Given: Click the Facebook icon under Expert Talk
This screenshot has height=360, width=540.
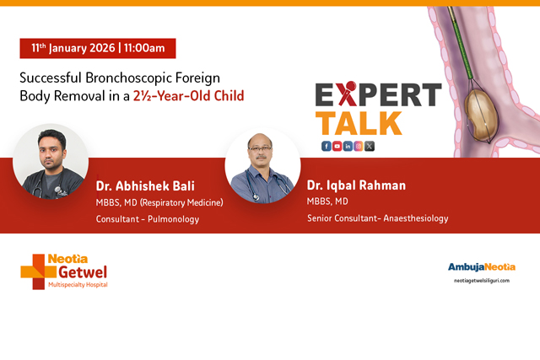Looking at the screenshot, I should pyautogui.click(x=327, y=146).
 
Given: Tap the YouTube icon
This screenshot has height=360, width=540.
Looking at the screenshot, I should pyautogui.click(x=337, y=146).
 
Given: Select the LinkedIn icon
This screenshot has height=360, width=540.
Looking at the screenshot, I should pyautogui.click(x=348, y=146).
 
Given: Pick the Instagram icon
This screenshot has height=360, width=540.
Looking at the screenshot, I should pyautogui.click(x=359, y=146).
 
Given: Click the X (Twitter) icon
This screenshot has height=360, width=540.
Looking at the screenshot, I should pyautogui.click(x=370, y=146).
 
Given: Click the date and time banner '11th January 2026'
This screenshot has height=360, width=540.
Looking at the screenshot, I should pyautogui.click(x=98, y=48).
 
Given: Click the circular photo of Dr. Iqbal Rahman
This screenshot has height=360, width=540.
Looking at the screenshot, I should pyautogui.click(x=263, y=166).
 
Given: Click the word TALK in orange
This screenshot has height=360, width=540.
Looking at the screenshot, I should pyautogui.click(x=360, y=122).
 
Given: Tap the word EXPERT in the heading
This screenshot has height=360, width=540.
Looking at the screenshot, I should pyautogui.click(x=378, y=94).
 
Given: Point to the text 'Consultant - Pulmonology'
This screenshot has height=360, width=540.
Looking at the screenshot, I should pyautogui.click(x=148, y=218).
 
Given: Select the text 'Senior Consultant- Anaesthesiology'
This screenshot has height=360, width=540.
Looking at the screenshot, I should pyautogui.click(x=378, y=218).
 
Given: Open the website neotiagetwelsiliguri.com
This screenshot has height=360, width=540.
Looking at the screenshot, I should pyautogui.click(x=482, y=281).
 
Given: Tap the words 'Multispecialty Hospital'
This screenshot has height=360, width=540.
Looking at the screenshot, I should pyautogui.click(x=77, y=286).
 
